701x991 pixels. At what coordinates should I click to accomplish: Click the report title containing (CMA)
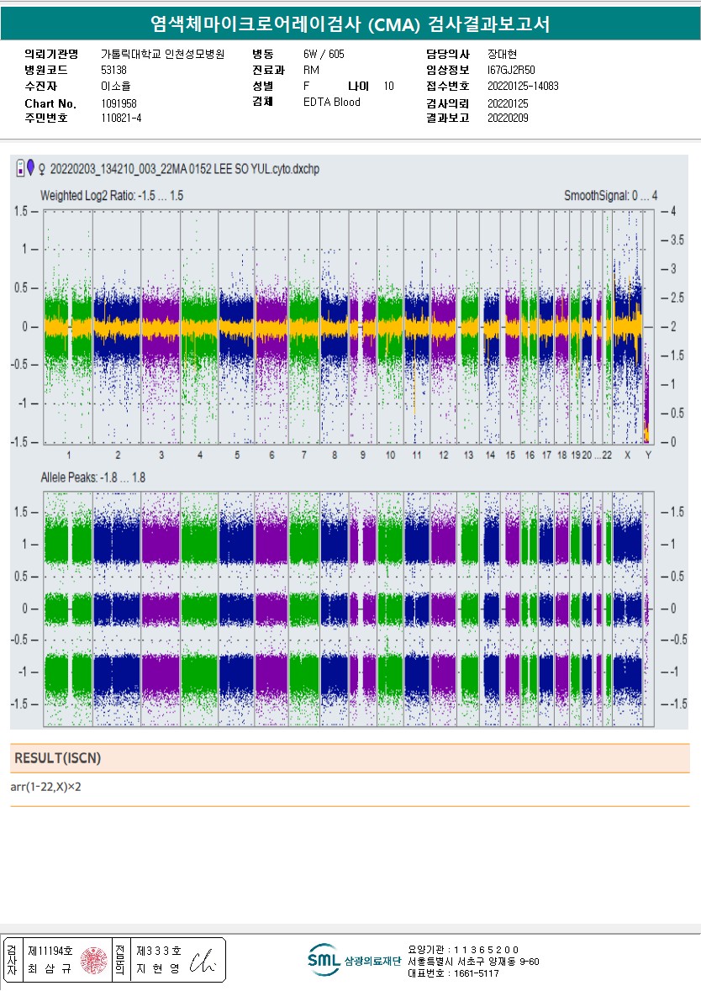(350, 24)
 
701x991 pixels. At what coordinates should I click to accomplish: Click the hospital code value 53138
(113, 70)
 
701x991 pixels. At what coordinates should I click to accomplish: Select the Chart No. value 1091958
(119, 103)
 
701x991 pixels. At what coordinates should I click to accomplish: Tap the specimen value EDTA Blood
(331, 103)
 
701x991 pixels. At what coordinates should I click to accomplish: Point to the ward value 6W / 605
(324, 54)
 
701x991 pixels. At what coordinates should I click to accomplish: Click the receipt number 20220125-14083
(523, 86)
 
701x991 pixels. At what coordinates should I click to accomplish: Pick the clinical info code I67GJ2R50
(511, 70)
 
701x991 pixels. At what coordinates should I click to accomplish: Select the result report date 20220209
(508, 118)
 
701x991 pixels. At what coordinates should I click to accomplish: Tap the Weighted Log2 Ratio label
(112, 196)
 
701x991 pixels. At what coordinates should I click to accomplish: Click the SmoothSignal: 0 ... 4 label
(610, 196)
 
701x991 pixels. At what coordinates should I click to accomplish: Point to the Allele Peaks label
(92, 477)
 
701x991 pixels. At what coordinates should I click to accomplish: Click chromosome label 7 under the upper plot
(303, 455)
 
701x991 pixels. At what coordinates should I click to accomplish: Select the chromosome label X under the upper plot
(627, 455)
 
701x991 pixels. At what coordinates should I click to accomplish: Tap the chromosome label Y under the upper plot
(646, 455)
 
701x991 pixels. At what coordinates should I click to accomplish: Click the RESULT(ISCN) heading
(57, 758)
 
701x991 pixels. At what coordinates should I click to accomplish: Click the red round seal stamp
(93, 960)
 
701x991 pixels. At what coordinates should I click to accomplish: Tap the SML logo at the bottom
(323, 959)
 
